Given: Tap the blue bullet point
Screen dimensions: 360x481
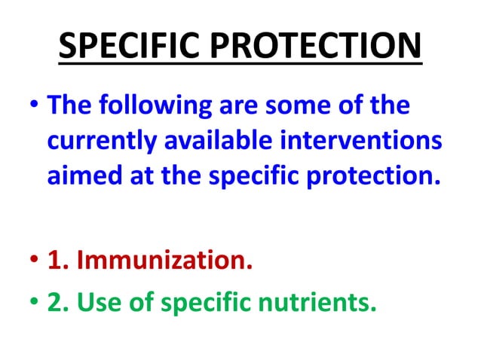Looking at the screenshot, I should (x=32, y=106).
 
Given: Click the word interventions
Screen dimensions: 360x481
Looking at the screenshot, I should (x=363, y=141).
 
